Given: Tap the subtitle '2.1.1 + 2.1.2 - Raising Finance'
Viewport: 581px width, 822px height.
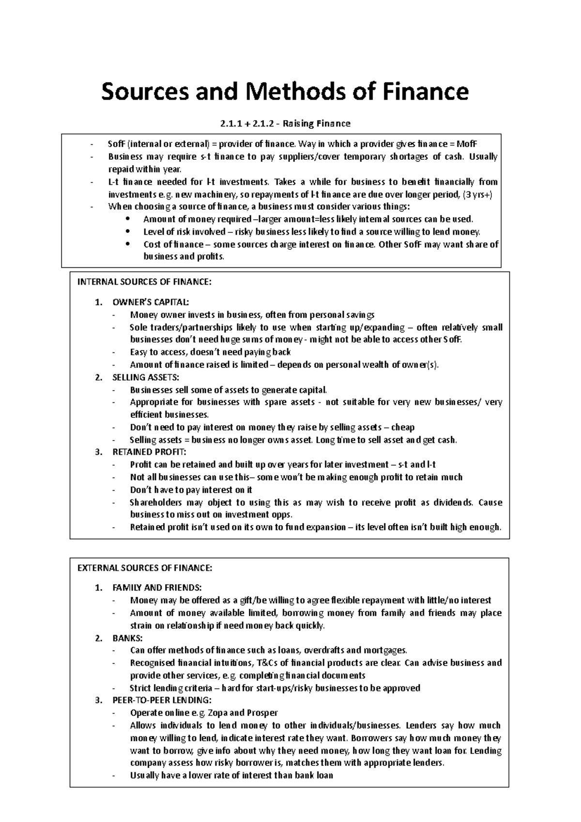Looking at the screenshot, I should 285,123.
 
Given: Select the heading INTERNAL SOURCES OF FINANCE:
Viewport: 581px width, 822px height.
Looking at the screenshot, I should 144,283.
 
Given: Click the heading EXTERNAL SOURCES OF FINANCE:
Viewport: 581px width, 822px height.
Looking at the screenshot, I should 145,568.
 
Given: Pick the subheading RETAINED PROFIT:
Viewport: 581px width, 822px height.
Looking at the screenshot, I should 149,452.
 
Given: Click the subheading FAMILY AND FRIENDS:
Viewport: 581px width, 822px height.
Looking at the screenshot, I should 157,588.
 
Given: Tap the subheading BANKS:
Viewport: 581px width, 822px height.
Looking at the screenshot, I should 127,638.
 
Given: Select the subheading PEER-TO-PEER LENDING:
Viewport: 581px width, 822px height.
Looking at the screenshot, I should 162,700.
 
